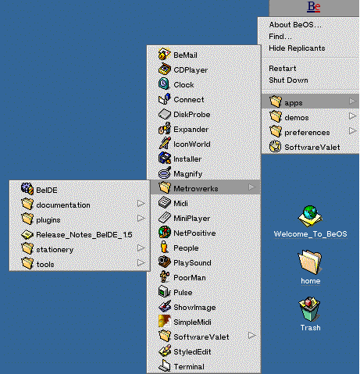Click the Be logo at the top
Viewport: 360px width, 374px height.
pos(314,7)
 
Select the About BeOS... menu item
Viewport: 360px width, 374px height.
pos(295,25)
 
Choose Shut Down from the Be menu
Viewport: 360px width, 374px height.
pos(288,80)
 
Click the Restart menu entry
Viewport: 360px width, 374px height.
pos(283,69)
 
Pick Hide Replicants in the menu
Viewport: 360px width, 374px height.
pos(297,48)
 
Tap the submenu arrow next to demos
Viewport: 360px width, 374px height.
pos(352,116)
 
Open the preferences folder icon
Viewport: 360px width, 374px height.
pos(275,131)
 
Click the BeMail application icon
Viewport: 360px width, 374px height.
pos(165,54)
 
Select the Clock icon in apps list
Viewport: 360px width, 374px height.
pos(164,84)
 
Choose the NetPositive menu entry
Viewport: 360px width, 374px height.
pos(194,233)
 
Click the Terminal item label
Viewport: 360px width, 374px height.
pos(189,367)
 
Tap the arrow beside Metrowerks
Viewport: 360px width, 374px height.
pos(251,187)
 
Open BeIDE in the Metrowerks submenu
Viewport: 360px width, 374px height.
pos(47,190)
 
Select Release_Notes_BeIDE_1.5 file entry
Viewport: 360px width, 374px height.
pos(84,235)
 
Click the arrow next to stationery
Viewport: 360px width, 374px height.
pos(141,248)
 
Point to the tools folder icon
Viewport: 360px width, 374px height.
pos(27,263)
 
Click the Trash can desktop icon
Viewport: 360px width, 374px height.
pos(309,309)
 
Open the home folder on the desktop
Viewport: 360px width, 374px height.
pos(310,262)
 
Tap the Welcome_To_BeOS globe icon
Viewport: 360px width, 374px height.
pos(310,216)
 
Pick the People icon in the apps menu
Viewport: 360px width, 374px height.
pos(164,247)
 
